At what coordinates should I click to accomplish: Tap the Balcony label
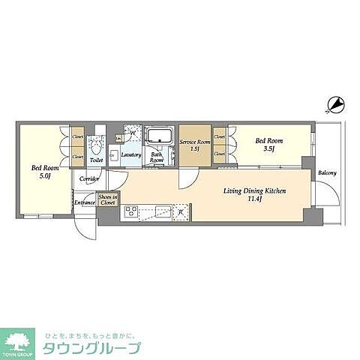point(326,173)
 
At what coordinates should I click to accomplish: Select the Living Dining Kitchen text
point(255,191)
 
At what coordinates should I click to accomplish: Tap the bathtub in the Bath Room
point(158,136)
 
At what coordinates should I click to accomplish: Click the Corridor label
point(91,180)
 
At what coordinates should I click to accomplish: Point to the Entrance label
point(85,202)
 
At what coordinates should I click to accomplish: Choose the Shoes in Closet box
point(108,199)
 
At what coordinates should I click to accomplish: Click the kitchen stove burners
point(130,213)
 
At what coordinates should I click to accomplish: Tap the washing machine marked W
point(132,133)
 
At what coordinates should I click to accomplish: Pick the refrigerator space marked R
point(181,213)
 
